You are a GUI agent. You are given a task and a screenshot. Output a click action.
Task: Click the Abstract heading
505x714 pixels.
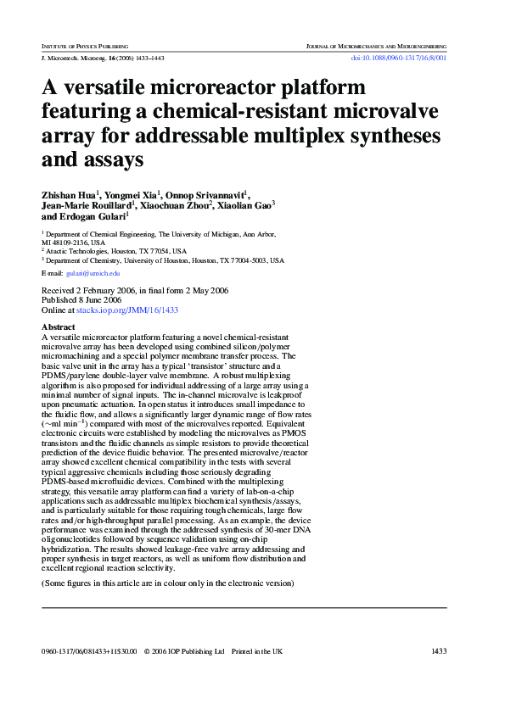point(58,326)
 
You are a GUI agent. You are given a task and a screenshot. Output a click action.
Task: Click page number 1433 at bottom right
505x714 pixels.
point(439,651)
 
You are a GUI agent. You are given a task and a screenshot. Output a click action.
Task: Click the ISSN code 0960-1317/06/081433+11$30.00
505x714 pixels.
point(88,651)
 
